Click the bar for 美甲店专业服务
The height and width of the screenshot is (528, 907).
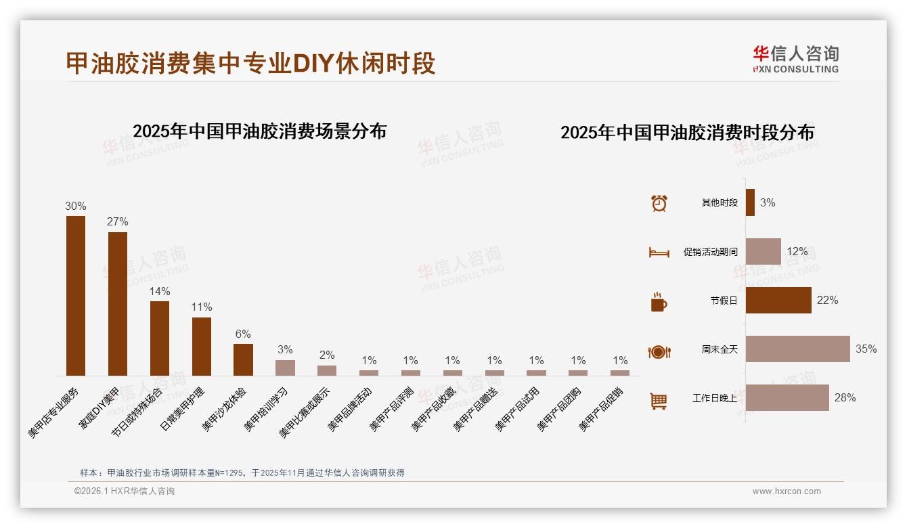[x=76, y=295]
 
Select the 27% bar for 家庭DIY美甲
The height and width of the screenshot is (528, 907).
[x=118, y=303]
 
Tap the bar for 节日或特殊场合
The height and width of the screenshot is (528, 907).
[x=160, y=338]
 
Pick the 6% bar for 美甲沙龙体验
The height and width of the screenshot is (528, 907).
[x=243, y=359]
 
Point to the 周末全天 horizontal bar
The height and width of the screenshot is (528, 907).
[x=797, y=349]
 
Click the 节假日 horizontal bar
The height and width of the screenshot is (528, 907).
[x=778, y=300]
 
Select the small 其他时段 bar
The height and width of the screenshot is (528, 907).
[x=750, y=202]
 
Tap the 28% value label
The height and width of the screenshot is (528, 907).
[x=845, y=397]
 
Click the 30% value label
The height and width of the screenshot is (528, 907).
[x=75, y=206]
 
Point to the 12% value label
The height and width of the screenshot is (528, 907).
[x=797, y=251]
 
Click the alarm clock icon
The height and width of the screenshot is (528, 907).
[x=659, y=203]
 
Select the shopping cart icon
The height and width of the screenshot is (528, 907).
[x=659, y=401]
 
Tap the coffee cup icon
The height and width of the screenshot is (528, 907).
[x=659, y=302]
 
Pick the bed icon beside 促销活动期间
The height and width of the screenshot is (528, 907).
[x=659, y=252]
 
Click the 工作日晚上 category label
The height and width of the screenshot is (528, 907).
[x=715, y=398]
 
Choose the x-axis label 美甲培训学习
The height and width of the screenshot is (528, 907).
[x=267, y=410]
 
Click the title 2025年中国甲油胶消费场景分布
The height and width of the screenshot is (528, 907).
[x=259, y=131]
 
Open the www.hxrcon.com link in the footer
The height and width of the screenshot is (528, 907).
[x=787, y=491]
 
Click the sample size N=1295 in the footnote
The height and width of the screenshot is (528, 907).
[x=228, y=472]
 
